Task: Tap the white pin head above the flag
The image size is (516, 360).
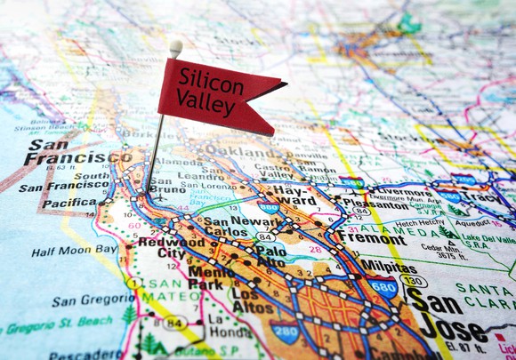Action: coord(176,47)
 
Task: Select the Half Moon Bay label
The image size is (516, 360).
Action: coord(75,251)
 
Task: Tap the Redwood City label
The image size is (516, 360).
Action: coord(161,248)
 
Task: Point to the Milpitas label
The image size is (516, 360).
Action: coord(389,268)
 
